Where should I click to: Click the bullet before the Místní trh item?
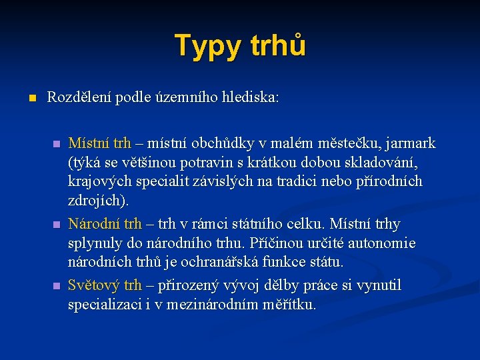[57, 143]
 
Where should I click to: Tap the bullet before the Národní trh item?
[57, 224]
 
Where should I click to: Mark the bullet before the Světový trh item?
[57, 285]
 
